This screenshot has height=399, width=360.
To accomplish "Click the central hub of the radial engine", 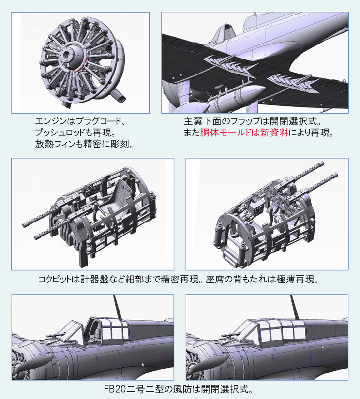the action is coord(69,54).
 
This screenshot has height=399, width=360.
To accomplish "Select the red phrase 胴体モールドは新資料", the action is coord(244,133).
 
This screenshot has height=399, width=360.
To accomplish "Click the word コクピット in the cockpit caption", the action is coord(55,280).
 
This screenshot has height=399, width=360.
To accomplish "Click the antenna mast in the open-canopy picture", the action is coord(118,307).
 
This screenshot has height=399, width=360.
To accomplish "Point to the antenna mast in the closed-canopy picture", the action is coord(295,307).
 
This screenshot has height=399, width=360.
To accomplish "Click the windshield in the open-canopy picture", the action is coord(72,332).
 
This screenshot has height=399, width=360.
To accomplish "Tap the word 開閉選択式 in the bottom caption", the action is coord(225,389).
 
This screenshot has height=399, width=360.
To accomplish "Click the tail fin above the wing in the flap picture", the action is coord(224,33).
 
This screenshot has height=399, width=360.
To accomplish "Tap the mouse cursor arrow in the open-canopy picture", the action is coord(143,365).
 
